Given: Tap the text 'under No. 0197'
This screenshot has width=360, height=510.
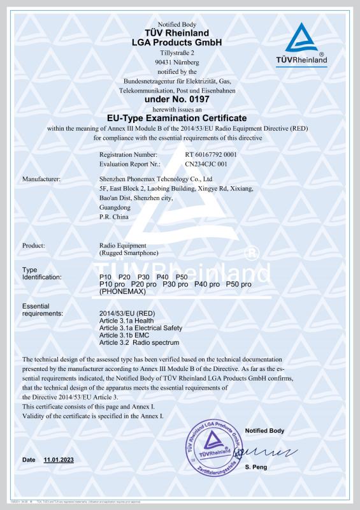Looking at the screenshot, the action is tap(176, 99).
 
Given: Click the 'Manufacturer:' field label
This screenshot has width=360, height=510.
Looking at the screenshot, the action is tap(41, 179).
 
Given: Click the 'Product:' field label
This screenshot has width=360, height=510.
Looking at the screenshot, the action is tap(33, 245).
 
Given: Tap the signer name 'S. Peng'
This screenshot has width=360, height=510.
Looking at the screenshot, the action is tap(256, 469).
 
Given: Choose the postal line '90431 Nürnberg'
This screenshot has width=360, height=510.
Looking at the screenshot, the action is tap(176, 62).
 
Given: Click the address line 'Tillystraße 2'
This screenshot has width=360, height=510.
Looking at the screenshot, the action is tap(176, 52).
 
